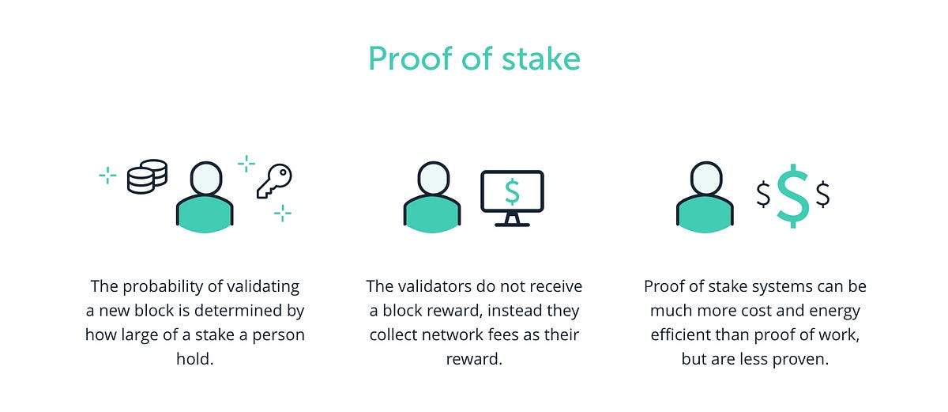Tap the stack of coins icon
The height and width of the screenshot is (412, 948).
click(x=148, y=176)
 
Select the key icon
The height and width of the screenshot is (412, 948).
click(x=274, y=181)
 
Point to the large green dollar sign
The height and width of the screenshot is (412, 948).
click(x=792, y=195)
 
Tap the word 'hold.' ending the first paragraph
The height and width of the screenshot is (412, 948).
click(x=195, y=359)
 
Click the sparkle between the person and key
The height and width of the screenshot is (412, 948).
click(x=246, y=163)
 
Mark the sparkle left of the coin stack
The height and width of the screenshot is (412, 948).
click(x=107, y=176)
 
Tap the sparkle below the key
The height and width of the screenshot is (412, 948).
click(x=282, y=213)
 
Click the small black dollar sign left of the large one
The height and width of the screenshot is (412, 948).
click(x=763, y=194)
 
